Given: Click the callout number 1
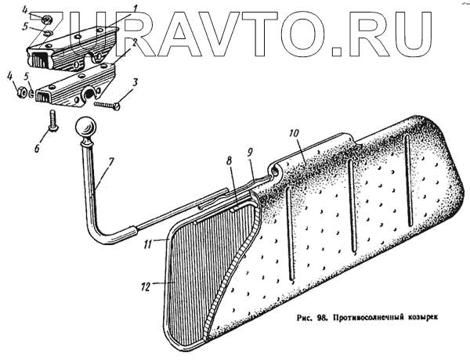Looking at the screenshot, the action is click(x=136, y=7).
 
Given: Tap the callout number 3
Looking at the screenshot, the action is click(x=136, y=81).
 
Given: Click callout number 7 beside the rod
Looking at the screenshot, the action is click(x=112, y=162).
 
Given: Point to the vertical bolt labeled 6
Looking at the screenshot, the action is click(x=52, y=120).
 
